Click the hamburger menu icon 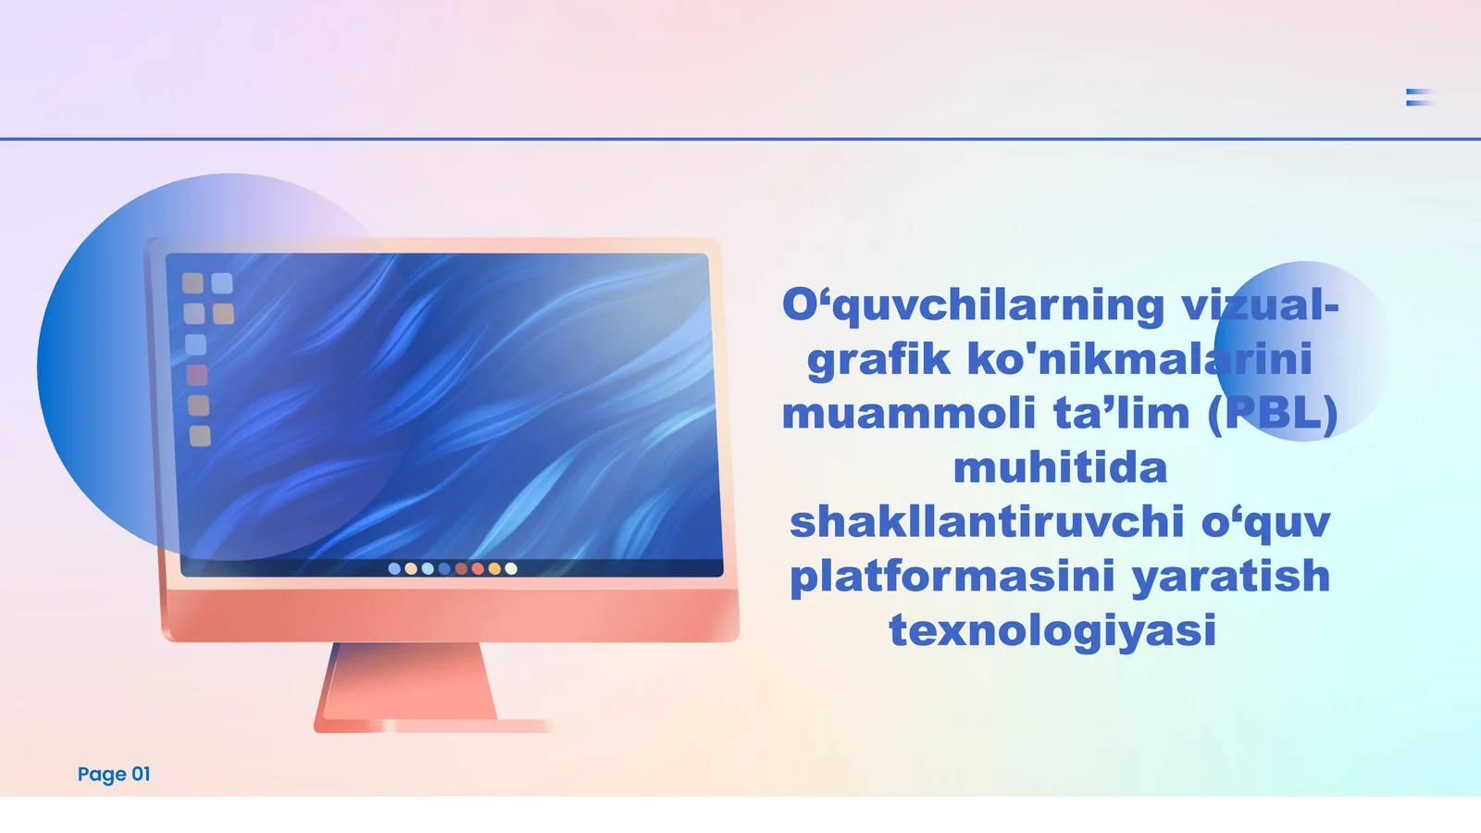pyautogui.click(x=1420, y=97)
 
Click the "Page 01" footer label pyautogui.click(x=114, y=774)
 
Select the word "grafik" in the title pyautogui.click(x=877, y=359)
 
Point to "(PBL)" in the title pyautogui.click(x=1273, y=413)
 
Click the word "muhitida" pyautogui.click(x=1060, y=467)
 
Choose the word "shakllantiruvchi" pyautogui.click(x=987, y=521)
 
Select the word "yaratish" pyautogui.click(x=1231, y=576)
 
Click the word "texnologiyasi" pyautogui.click(x=1052, y=629)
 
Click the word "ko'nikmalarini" pyautogui.click(x=1139, y=359)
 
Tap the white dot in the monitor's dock pyautogui.click(x=511, y=568)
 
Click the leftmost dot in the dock pyautogui.click(x=394, y=568)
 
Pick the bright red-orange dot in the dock pyautogui.click(x=478, y=568)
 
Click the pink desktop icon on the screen pyautogui.click(x=197, y=375)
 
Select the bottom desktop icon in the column pyautogui.click(x=200, y=436)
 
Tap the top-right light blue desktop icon pyautogui.click(x=222, y=282)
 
